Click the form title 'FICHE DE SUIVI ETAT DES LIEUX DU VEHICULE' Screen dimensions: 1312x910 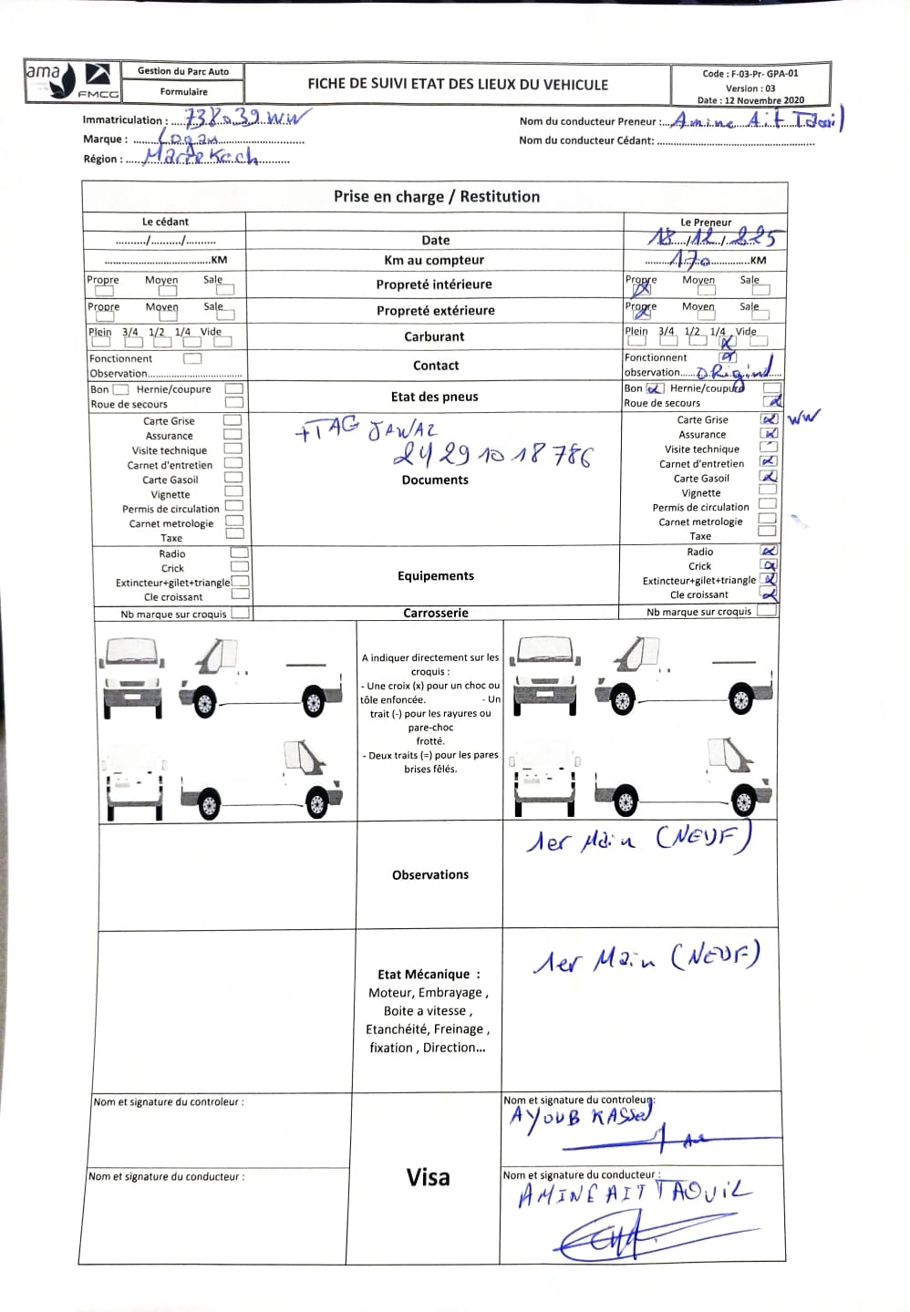coord(457,84)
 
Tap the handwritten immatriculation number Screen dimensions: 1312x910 coord(246,118)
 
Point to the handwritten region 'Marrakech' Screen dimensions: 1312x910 coord(202,157)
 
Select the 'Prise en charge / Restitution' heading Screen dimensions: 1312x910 coord(436,196)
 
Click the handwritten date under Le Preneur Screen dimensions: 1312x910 coord(712,238)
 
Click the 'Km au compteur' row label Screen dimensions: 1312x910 coord(434,260)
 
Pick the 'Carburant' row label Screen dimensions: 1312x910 coord(434,336)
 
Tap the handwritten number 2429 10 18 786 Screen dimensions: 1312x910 coord(492,454)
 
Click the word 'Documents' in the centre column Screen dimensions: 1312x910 coord(435,480)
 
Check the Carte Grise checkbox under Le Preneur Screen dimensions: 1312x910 coord(769,419)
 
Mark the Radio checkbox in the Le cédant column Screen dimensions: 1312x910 coord(239,553)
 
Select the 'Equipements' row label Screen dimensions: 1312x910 coord(436,575)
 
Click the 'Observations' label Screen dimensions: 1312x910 coord(429,874)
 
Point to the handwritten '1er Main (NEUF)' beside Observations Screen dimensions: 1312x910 coord(638,838)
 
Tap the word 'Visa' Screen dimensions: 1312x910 coord(428,1177)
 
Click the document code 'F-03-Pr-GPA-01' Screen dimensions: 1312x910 coord(750,74)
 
